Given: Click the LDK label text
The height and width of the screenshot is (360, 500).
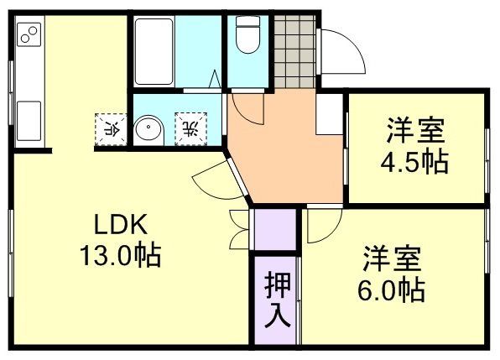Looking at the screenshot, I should (120, 225).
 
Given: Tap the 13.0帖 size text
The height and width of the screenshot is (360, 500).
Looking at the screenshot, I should (120, 253).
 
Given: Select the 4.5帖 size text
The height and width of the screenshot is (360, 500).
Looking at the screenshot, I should (415, 161).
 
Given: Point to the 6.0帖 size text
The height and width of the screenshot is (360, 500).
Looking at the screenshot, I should (392, 290).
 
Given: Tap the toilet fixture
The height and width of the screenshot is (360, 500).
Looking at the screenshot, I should (248, 38).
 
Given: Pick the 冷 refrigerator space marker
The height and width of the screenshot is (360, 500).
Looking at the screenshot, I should (110, 128).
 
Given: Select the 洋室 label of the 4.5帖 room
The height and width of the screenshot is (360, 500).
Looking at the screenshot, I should (415, 132).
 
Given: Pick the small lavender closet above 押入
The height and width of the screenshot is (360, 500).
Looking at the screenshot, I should (275, 228).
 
